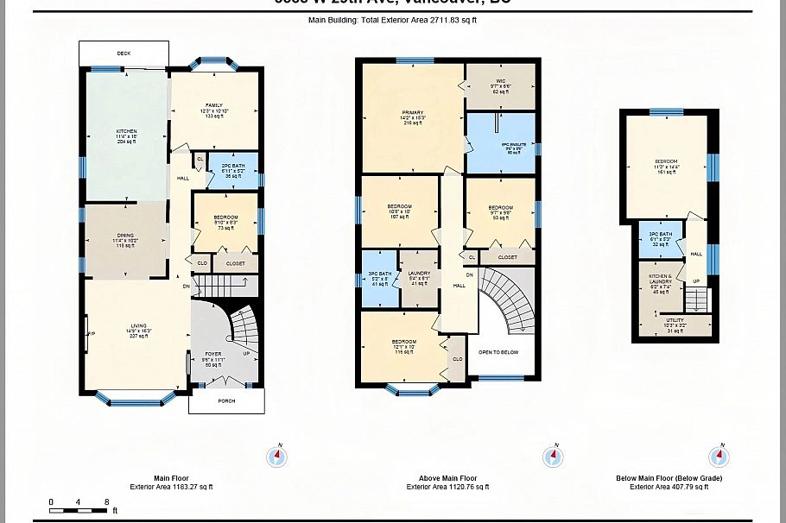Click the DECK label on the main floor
pos(124,54)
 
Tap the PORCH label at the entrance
pos(226,400)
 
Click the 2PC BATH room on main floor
pos(233,169)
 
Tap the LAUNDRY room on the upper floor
pos(420,277)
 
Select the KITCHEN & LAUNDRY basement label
pos(660,283)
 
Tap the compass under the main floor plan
pos(277,457)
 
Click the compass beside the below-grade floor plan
pos(719,457)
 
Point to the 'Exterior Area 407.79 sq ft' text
pos(669,487)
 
